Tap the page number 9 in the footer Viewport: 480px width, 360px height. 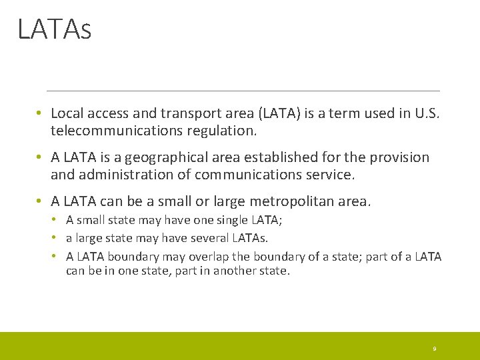(x=434, y=349)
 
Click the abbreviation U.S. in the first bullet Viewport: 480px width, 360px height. (x=427, y=114)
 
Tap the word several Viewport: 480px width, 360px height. (x=210, y=238)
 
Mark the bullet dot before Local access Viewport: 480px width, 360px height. (x=41, y=114)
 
